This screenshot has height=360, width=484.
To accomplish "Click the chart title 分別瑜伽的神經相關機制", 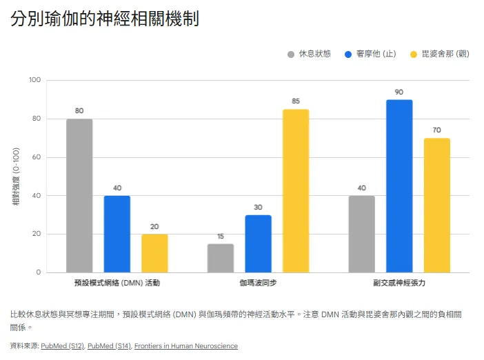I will [x=105, y=19].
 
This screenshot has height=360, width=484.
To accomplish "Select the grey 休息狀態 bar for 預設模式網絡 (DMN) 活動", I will [x=79, y=196].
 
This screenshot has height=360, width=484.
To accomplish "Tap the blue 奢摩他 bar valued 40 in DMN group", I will [x=117, y=234].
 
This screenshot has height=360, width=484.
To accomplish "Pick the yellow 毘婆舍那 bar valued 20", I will [x=154, y=253].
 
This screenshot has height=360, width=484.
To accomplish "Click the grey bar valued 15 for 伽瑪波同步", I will [x=221, y=258].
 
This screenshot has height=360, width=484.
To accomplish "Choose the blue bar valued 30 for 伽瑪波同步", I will [x=258, y=243].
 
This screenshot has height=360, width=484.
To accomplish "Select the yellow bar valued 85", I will [x=296, y=191].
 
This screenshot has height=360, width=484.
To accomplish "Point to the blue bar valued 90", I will [x=399, y=186].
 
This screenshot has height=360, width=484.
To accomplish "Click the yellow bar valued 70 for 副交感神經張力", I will [x=436, y=206].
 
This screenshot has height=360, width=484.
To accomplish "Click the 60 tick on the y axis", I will [x=37, y=157].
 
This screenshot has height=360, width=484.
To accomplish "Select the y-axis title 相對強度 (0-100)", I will [x=16, y=177].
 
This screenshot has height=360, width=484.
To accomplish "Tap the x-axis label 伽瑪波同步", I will [x=258, y=283].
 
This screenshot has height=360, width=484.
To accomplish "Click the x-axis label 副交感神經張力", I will [x=399, y=283].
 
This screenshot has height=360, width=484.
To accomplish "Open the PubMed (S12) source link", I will [x=62, y=346].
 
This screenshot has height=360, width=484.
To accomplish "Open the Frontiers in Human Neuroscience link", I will [x=185, y=346].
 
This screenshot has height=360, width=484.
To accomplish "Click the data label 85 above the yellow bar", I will [x=296, y=101].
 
